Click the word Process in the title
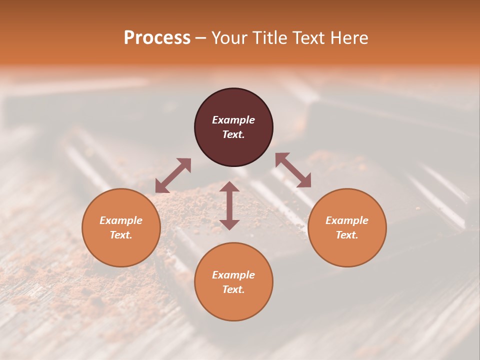[157, 38]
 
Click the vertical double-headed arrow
[229, 205]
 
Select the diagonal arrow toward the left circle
[173, 175]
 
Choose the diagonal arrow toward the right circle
[293, 170]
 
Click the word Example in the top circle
[233, 120]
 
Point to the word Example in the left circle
[121, 220]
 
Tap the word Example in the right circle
[347, 220]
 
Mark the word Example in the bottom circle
[233, 275]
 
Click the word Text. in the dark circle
[233, 134]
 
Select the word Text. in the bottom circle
[233, 289]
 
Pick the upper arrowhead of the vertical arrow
[229, 186]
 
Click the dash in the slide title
[201, 38]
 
